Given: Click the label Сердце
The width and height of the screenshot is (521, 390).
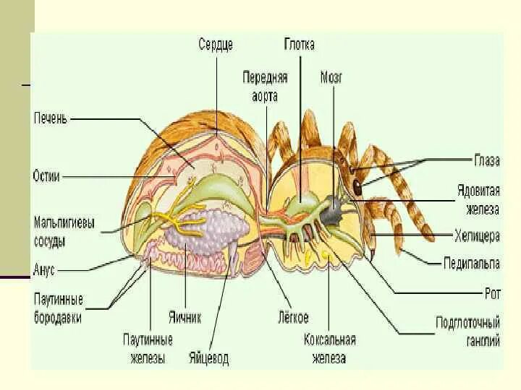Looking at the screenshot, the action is point(216,45).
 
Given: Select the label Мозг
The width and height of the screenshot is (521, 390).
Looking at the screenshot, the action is point(331,77).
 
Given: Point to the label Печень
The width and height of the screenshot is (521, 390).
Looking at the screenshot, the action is point(50,118).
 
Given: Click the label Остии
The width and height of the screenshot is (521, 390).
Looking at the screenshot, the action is point(46,175).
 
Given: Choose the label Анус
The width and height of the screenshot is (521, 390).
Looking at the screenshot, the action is point(44,270).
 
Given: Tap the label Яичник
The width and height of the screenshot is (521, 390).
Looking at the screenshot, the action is point(186,316).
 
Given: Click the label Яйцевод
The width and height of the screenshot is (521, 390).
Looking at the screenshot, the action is point(208,357).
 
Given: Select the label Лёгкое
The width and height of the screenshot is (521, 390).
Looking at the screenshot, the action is point(293,316).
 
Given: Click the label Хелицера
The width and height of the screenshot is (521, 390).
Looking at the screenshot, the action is point(477,235).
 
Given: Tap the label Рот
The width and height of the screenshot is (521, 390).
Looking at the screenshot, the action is point(492,293).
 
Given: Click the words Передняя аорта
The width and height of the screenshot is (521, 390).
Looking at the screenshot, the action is point(266,86).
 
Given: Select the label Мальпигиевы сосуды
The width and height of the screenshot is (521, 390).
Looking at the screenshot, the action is point(64,230).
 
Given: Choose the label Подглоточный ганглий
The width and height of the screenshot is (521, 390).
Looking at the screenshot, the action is point(467,331).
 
